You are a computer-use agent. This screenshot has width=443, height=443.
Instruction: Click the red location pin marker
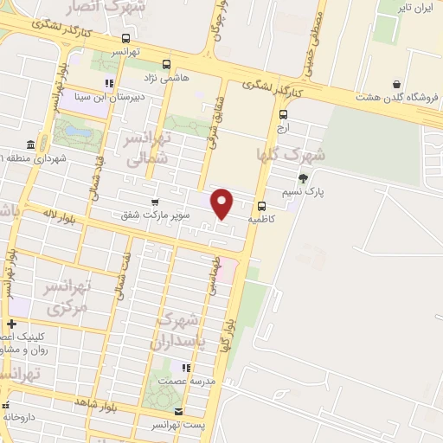click(223, 203)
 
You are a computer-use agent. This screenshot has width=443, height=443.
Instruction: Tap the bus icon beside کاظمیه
click(260, 205)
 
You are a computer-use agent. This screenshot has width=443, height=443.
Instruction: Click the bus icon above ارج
click(283, 113)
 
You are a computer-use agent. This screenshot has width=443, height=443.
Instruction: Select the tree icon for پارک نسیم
click(302, 178)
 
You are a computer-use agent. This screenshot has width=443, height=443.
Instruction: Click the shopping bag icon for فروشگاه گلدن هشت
click(396, 85)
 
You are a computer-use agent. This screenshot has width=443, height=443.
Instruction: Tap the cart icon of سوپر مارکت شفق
click(154, 201)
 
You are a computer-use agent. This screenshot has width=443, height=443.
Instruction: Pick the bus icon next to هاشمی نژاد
click(167, 63)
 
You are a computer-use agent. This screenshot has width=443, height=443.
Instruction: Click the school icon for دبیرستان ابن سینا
click(109, 84)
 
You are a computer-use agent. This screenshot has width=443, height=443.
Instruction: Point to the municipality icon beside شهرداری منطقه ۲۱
click(31, 144)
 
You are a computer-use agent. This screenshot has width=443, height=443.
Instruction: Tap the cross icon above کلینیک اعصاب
click(11, 324)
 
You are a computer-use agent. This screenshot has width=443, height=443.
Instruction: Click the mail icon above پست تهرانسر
click(179, 412)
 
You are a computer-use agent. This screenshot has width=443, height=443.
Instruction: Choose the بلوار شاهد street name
click(96, 404)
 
